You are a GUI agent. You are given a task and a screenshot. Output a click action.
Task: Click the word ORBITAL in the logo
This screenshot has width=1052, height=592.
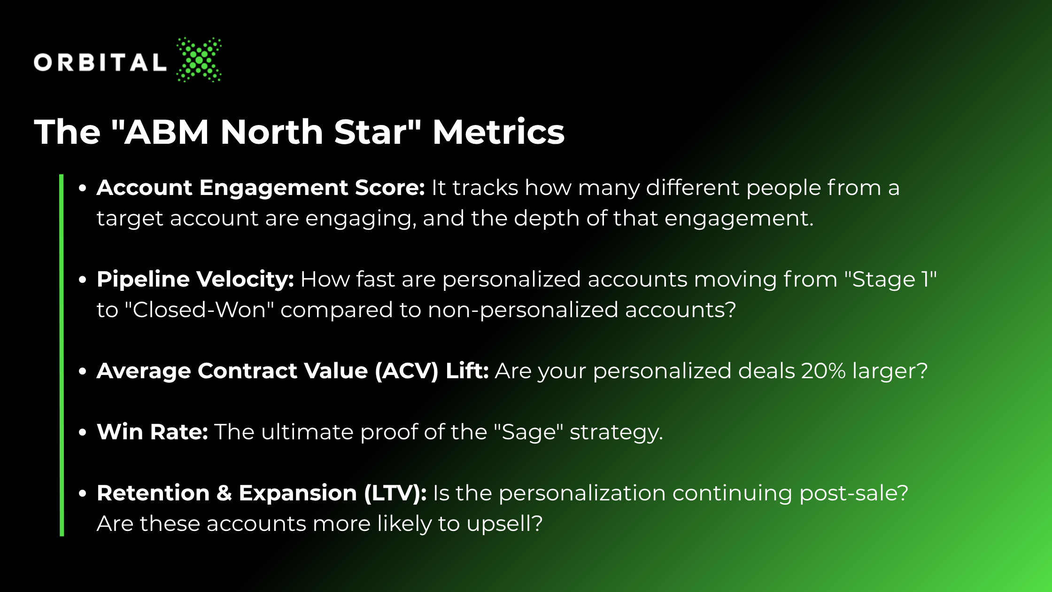point(100,62)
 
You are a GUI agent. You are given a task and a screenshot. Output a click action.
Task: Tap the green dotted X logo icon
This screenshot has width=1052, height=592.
point(199,60)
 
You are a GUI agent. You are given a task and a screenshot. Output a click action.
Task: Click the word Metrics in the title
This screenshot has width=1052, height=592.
point(498,132)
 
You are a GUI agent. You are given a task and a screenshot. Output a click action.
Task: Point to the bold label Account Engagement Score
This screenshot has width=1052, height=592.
point(261,188)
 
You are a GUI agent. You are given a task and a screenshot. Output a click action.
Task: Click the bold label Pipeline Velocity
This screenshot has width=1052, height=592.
point(195,280)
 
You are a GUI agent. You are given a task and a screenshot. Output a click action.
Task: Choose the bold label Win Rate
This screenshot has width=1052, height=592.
point(152,432)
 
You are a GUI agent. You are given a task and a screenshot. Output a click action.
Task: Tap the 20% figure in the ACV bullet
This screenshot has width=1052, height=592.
point(823,371)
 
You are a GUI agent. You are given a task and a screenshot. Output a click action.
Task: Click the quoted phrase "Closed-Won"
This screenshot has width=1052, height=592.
point(200,310)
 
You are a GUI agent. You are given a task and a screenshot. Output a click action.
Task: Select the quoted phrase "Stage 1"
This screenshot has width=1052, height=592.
point(890,279)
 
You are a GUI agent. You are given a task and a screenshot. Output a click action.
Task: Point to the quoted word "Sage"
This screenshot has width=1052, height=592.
point(528,432)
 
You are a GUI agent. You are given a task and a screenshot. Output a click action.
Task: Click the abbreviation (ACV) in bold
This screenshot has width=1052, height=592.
point(407,371)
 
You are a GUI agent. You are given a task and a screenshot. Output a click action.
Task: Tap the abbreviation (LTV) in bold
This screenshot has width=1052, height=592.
point(395,493)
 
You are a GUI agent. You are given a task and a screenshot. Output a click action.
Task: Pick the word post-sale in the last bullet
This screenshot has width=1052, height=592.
point(854,493)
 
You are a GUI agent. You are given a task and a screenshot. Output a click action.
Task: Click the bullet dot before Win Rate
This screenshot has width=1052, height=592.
point(83,432)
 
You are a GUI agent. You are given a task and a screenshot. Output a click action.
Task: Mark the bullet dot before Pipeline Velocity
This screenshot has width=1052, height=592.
point(83,280)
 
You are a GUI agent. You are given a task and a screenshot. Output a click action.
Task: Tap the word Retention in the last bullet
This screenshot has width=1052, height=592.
point(153,493)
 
